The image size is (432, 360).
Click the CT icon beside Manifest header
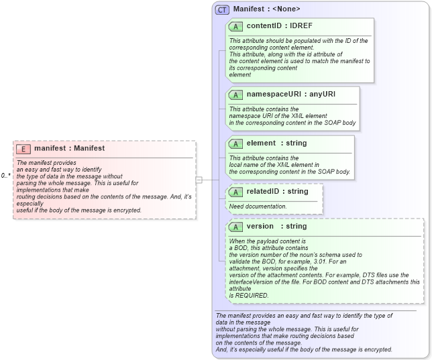pyautogui.click(x=222, y=9)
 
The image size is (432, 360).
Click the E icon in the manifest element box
pyautogui.click(x=23, y=148)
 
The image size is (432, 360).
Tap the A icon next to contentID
pyautogui.click(x=235, y=26)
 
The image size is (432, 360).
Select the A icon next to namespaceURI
pyautogui.click(x=235, y=94)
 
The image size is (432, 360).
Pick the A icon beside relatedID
pyautogui.click(x=235, y=192)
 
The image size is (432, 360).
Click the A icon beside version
pyautogui.click(x=235, y=227)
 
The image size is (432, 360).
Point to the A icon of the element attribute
pyautogui.click(x=235, y=143)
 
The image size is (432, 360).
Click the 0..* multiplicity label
pyautogui.click(x=5, y=176)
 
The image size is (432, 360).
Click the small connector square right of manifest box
pyautogui.click(x=199, y=180)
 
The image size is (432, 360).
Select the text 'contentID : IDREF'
pyautogui.click(x=279, y=26)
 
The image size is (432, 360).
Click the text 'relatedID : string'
pyautogui.click(x=277, y=192)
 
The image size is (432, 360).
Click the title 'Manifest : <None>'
pyautogui.click(x=266, y=9)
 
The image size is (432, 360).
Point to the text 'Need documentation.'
pyautogui.click(x=258, y=206)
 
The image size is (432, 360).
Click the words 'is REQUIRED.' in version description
pyautogui.click(x=249, y=295)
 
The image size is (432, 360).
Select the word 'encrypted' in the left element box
pyautogui.click(x=126, y=210)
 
